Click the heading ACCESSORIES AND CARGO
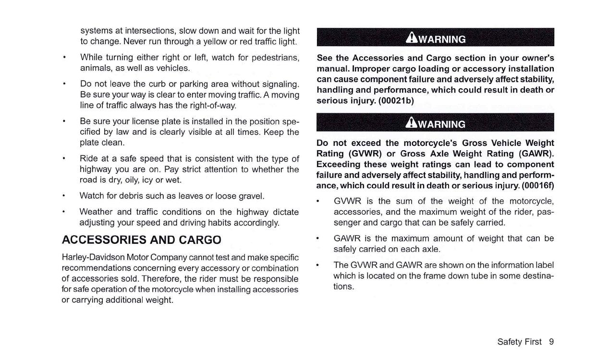click(142, 240)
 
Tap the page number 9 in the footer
click(551, 342)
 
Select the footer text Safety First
click(519, 342)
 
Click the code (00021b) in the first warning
click(396, 100)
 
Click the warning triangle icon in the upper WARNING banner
click(411, 38)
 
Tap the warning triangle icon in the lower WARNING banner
click(411, 123)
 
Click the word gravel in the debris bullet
click(251, 196)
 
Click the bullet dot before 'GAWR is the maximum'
click(318, 238)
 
